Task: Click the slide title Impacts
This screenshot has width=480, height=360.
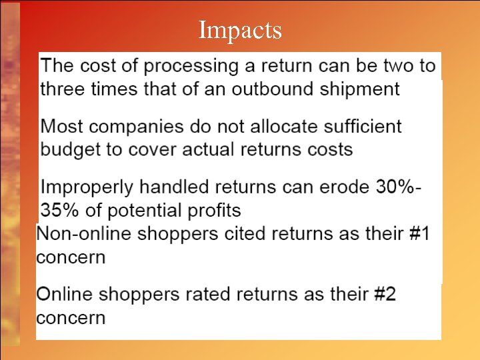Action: tap(240, 30)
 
